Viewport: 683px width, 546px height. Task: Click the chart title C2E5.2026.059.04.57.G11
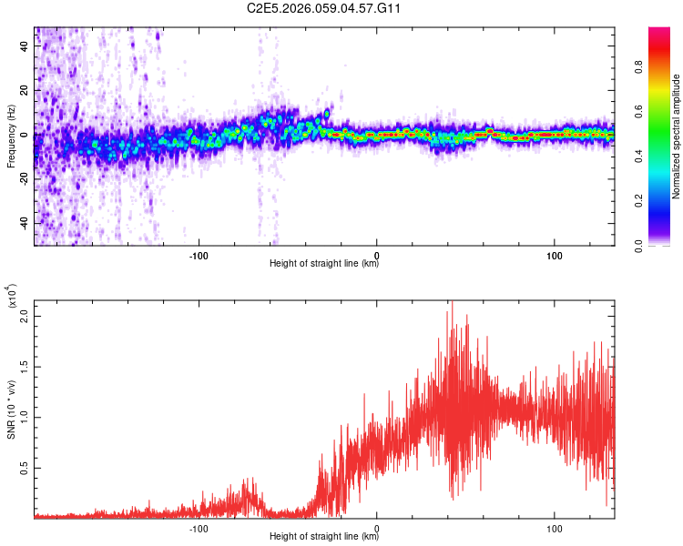click(x=324, y=8)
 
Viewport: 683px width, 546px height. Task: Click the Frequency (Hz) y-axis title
click(x=11, y=136)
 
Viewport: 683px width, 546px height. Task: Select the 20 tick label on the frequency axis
click(x=25, y=91)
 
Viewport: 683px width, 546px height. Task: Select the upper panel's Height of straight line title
click(x=324, y=264)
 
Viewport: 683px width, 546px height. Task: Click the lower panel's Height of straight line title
click(x=324, y=537)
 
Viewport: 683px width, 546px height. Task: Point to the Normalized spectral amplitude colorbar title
click(x=677, y=136)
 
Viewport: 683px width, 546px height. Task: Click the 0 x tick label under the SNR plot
click(x=377, y=526)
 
